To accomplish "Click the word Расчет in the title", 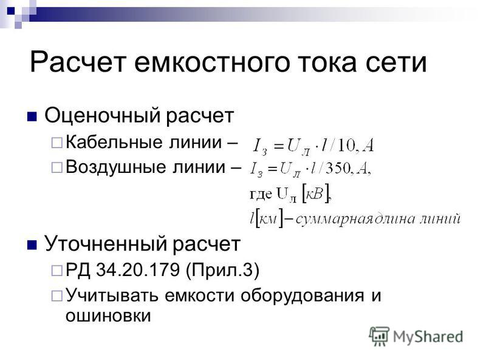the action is pyautogui.click(x=78, y=62).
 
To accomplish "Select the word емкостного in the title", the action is pyautogui.click(x=211, y=62).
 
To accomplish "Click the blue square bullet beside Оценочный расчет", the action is pyautogui.click(x=32, y=116).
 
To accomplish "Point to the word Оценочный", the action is pyautogui.click(x=103, y=116).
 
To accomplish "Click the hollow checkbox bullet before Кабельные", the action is pyautogui.click(x=56, y=143).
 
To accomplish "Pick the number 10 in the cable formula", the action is pyautogui.click(x=346, y=145).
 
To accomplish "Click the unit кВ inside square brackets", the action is pyautogui.click(x=315, y=194).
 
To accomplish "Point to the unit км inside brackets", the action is pyautogui.click(x=268, y=219).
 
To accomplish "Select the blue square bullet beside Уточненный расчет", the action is pyautogui.click(x=32, y=245).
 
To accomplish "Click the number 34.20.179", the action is pyautogui.click(x=138, y=269).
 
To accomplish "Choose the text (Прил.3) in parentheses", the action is pyautogui.click(x=222, y=270).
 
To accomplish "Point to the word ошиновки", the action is pyautogui.click(x=108, y=315).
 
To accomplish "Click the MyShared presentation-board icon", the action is pyautogui.click(x=379, y=336).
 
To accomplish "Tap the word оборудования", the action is pyautogui.click(x=302, y=295).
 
